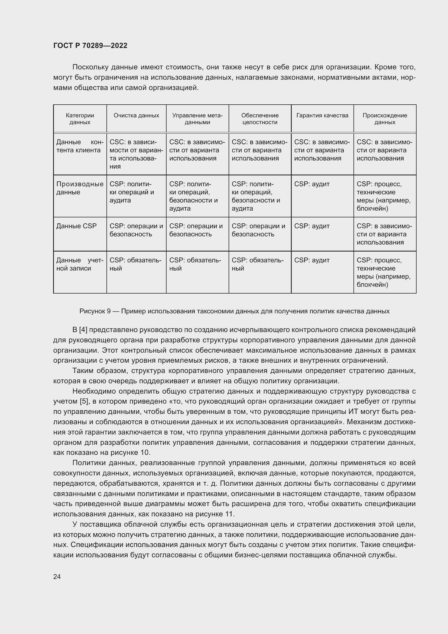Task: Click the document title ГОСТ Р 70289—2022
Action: tap(90, 46)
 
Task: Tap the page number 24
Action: tap(57, 577)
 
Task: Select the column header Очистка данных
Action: tap(136, 115)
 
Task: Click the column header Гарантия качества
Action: tap(322, 115)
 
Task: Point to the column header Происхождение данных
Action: tap(385, 119)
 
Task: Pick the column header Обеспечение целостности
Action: tap(260, 119)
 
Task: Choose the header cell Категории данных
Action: tap(80, 119)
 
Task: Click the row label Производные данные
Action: tap(80, 188)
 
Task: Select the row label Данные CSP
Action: tap(76, 226)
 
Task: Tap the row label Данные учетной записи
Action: tap(80, 264)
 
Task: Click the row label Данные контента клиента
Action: tap(80, 146)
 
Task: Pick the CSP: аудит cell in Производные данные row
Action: tap(312, 184)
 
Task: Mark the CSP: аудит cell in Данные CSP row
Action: tap(312, 226)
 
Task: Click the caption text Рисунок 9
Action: tap(95, 311)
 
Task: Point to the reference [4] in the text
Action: tap(83, 330)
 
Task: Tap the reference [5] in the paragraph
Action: tap(84, 401)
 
